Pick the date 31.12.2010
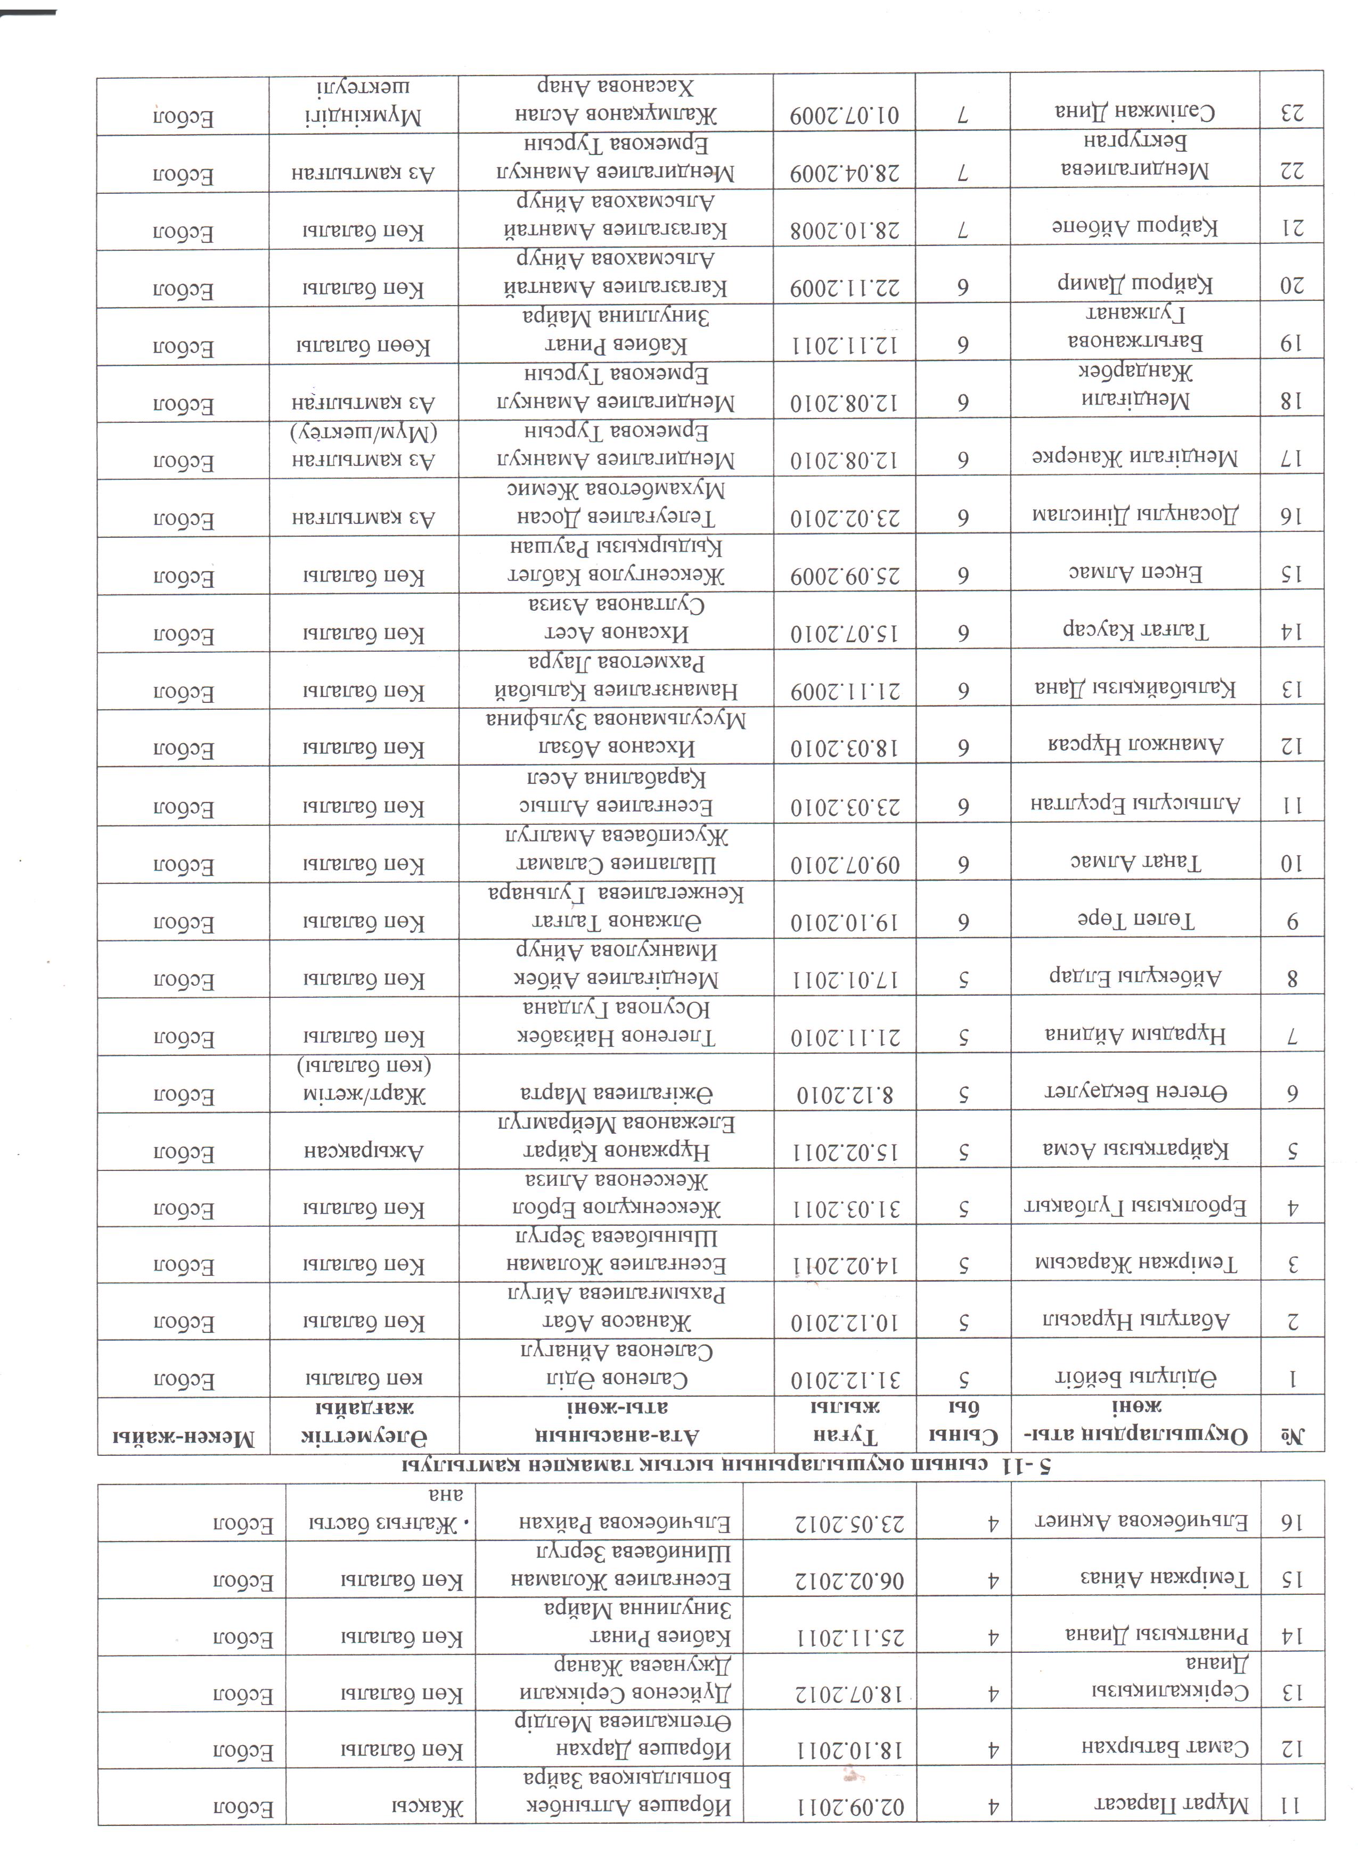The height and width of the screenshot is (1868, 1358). pyautogui.click(x=844, y=1380)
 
